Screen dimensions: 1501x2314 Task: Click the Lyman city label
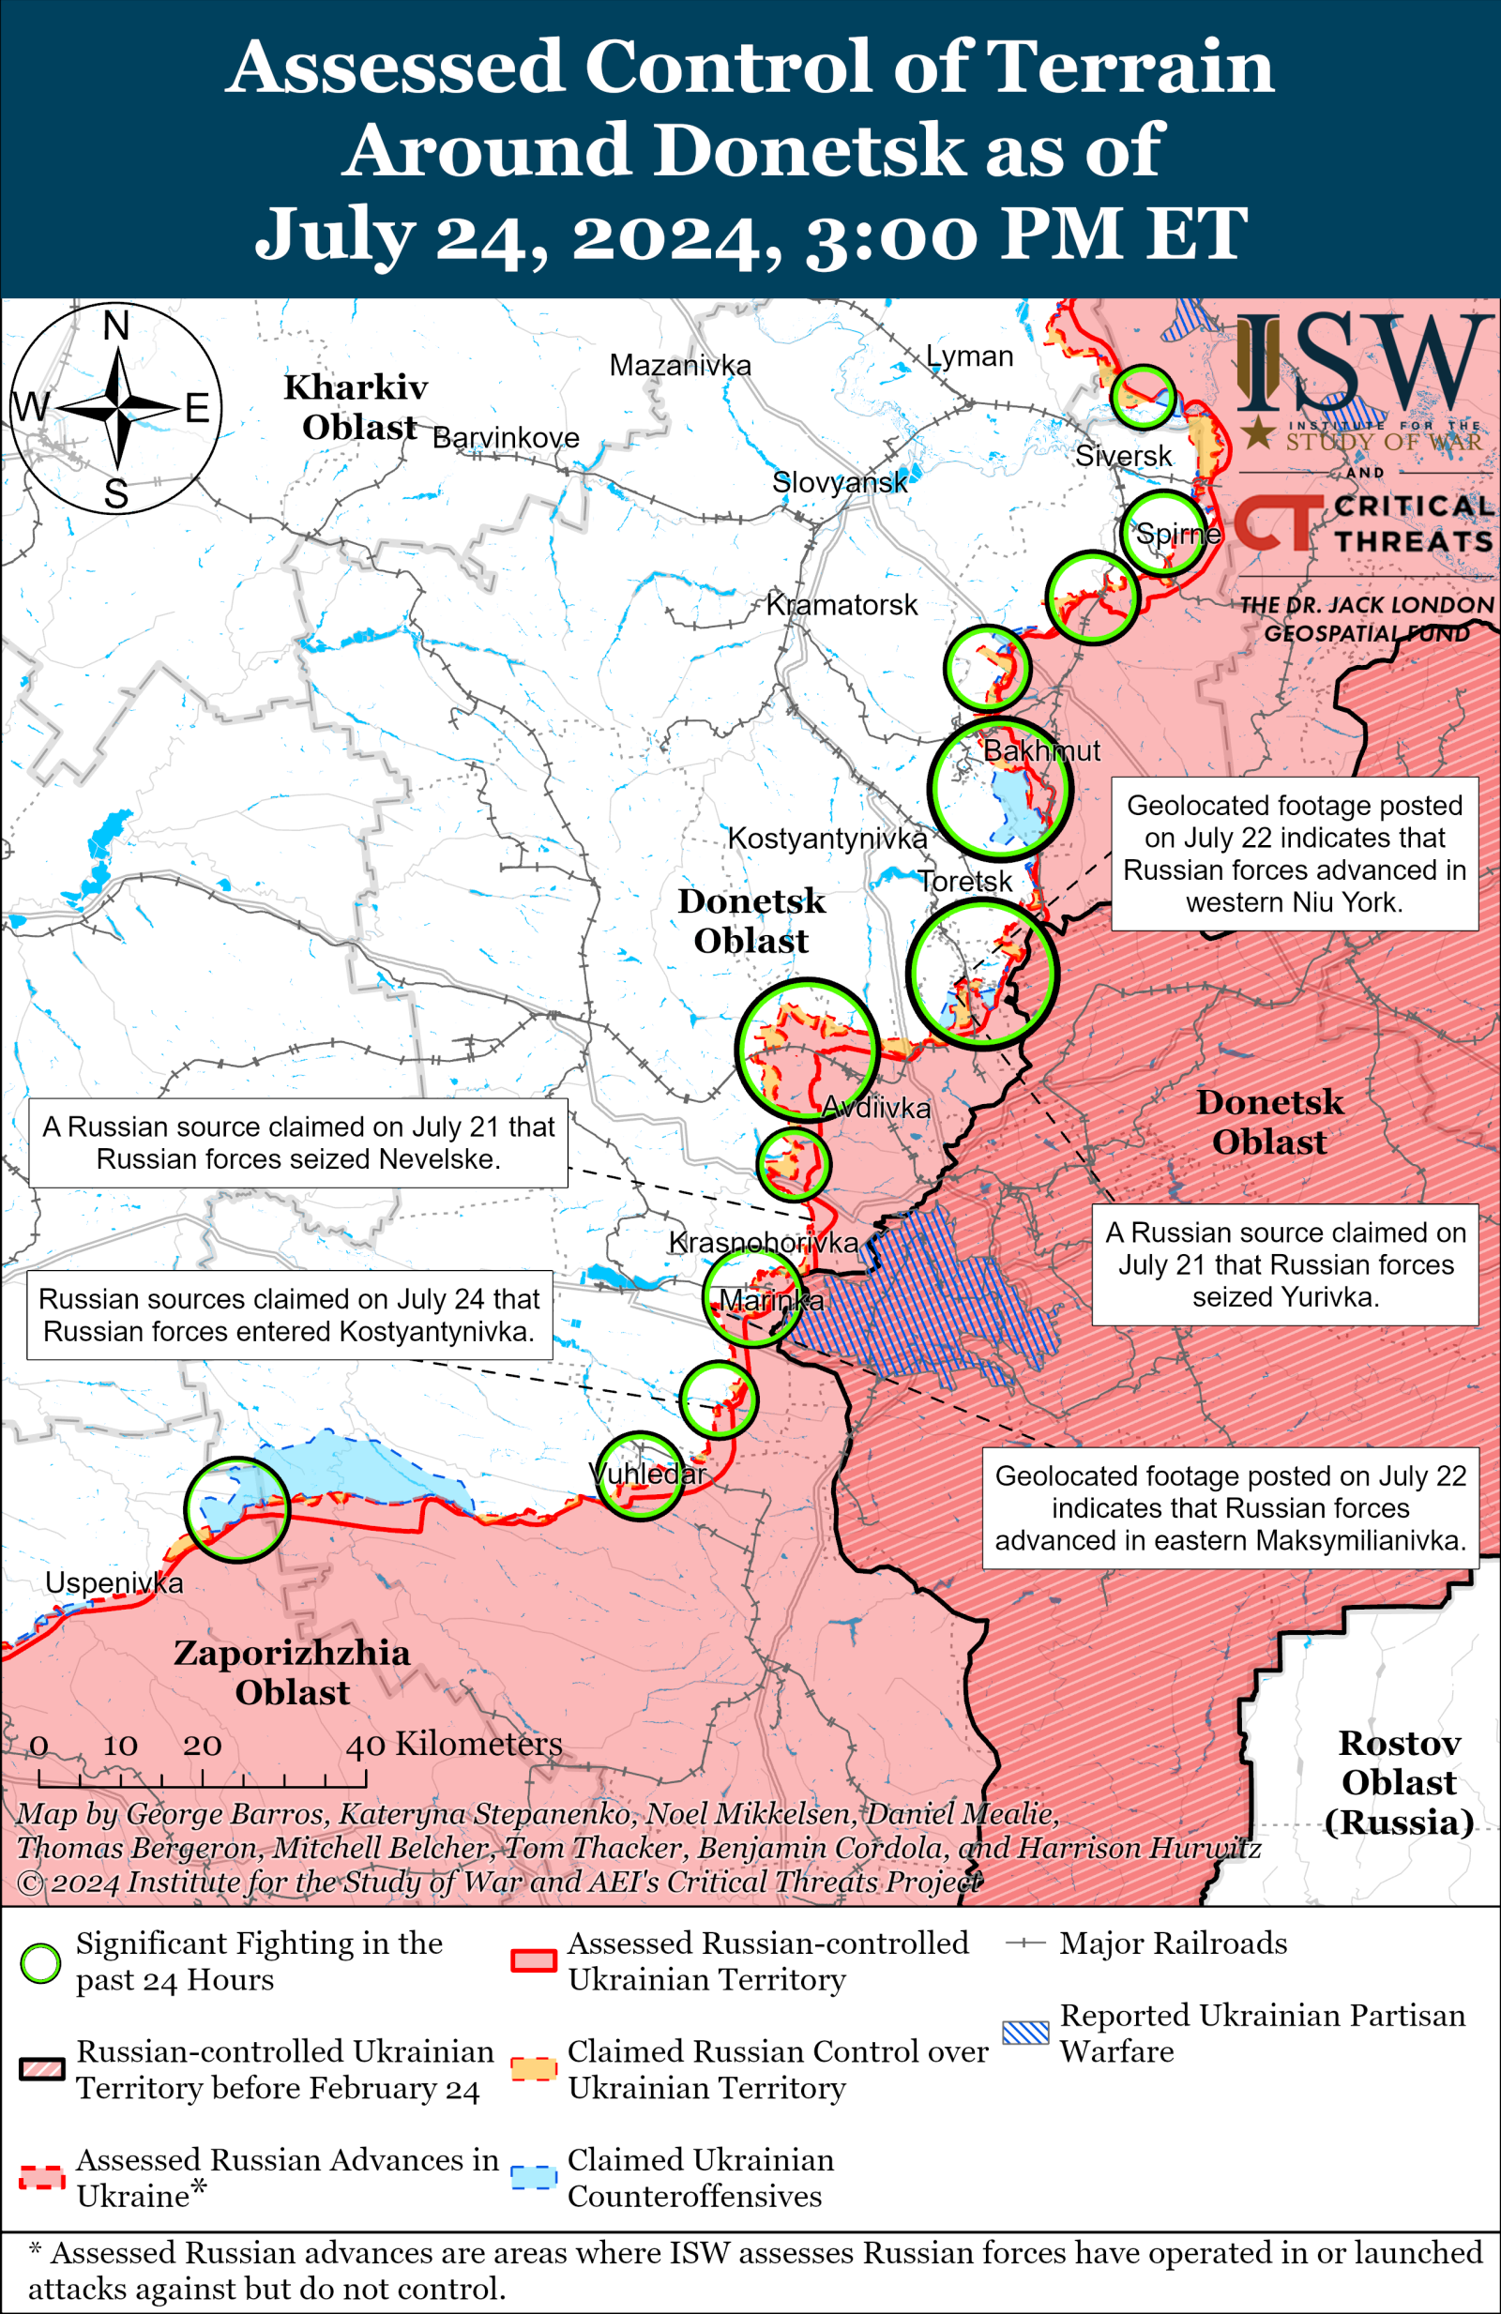click(969, 356)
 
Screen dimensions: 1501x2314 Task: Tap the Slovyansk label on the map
click(839, 482)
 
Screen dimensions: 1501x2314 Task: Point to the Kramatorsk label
click(841, 605)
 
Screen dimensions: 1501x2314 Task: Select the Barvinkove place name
click(506, 438)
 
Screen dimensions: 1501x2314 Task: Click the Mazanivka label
click(679, 366)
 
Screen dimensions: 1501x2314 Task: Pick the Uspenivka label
click(114, 1583)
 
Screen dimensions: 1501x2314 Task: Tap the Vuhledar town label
click(647, 1474)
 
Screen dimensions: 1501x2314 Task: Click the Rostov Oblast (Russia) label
click(1399, 1782)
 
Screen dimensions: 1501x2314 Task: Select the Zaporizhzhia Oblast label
click(292, 1672)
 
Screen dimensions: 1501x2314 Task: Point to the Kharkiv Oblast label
click(356, 407)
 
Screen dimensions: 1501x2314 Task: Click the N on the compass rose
click(115, 325)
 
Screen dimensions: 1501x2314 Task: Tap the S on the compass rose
click(115, 494)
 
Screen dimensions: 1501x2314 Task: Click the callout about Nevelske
click(298, 1142)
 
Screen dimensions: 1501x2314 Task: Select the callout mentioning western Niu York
click(1294, 854)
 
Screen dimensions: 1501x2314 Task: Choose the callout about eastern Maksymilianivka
click(1230, 1508)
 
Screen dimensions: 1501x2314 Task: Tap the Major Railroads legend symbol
click(1024, 1943)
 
